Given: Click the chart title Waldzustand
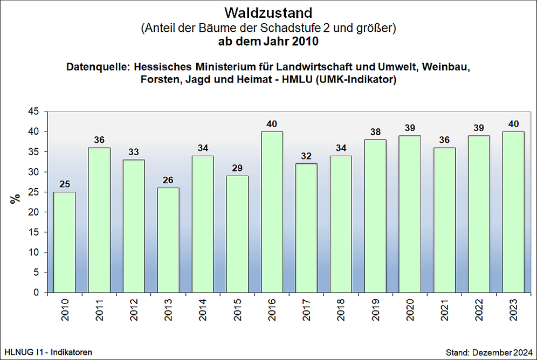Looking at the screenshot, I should [x=268, y=12].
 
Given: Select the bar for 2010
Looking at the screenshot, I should [x=64, y=243].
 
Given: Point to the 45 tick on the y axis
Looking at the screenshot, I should [x=33, y=112].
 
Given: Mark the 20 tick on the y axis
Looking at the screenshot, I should [x=33, y=212].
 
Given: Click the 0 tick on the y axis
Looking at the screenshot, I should [x=36, y=293].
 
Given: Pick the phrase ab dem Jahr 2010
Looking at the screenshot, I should [x=268, y=41].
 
